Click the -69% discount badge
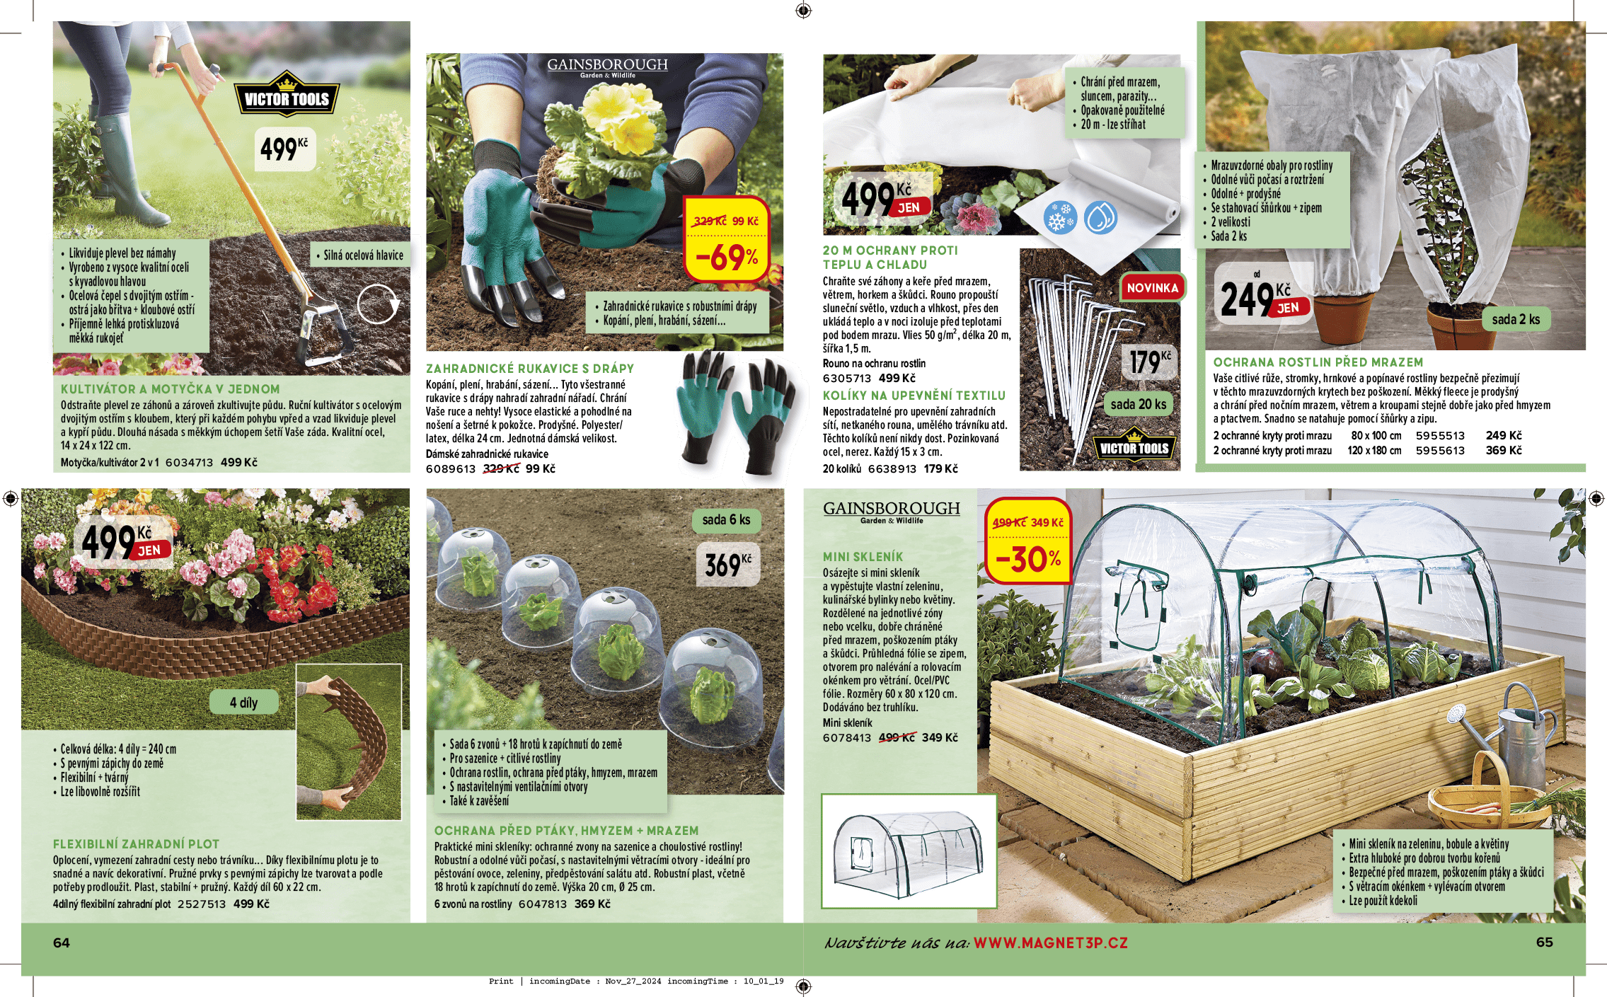point(727,239)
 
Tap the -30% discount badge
point(1027,541)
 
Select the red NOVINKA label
point(1152,288)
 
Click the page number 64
point(62,943)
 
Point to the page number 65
point(1545,943)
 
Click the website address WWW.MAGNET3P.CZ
point(1051,943)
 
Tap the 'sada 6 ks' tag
point(726,520)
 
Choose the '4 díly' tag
point(243,703)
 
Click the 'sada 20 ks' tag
point(1138,405)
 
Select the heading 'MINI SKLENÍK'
point(863,557)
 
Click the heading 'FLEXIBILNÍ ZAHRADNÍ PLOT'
point(136,844)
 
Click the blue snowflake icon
point(1059,218)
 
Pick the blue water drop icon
point(1100,218)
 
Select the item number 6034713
point(189,463)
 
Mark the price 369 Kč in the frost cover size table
point(1504,451)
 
